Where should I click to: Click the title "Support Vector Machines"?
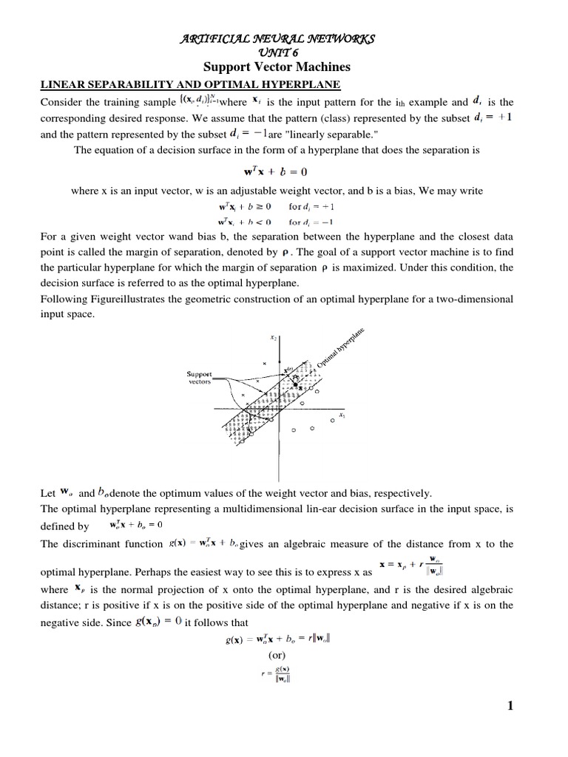[285, 67]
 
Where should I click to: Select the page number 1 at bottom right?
[510, 706]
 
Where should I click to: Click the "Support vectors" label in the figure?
[200, 378]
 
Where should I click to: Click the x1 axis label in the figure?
[342, 415]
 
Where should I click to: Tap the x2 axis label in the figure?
[274, 338]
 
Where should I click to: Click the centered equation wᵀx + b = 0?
[285, 172]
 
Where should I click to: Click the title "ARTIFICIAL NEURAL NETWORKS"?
[285, 38]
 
